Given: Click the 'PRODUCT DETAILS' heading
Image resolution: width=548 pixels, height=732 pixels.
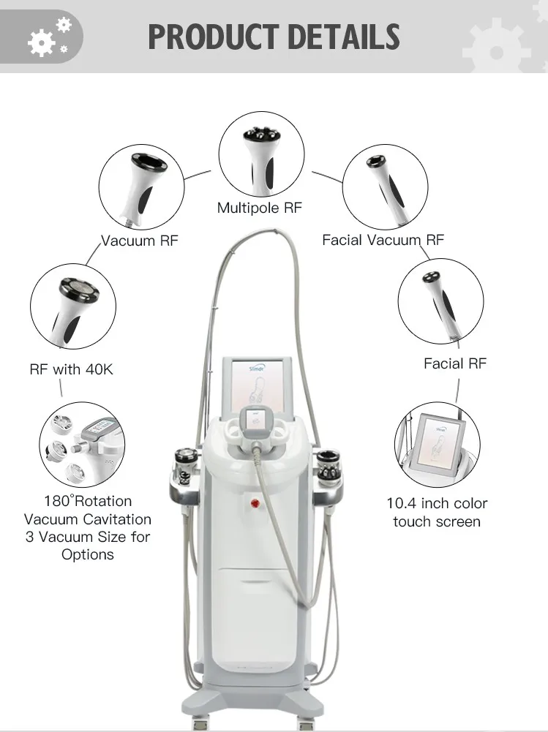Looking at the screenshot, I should [x=274, y=37].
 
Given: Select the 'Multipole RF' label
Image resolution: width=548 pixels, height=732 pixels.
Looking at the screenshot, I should [x=259, y=208].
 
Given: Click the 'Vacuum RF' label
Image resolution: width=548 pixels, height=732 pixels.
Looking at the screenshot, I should [x=139, y=240].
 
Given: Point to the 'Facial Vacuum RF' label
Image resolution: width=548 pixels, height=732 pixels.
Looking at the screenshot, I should [x=383, y=240].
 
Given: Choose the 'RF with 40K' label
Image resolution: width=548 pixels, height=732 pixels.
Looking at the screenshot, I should [x=71, y=369].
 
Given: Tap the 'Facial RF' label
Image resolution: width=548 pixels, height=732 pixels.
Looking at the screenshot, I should [x=454, y=363].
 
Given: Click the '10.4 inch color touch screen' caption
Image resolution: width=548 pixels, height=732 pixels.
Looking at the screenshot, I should [x=437, y=513].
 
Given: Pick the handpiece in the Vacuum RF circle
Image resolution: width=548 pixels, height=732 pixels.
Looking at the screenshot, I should [x=140, y=187].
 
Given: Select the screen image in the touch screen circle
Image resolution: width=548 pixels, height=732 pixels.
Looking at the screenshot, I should [x=438, y=445].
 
